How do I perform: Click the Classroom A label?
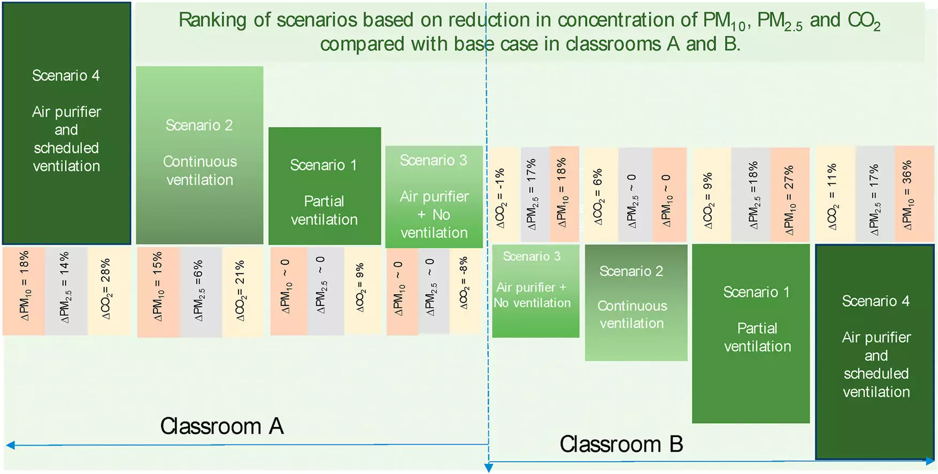[222, 426]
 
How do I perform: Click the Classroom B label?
[621, 444]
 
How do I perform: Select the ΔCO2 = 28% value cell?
[107, 290]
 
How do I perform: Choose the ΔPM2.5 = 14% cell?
[65, 290]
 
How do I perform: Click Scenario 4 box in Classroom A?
[66, 123]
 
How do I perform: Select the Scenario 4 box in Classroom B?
[875, 350]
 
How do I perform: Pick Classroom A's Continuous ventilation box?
[199, 155]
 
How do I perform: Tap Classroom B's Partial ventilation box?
[750, 333]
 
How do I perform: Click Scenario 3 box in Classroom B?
[535, 291]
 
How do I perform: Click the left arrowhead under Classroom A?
[10, 445]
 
